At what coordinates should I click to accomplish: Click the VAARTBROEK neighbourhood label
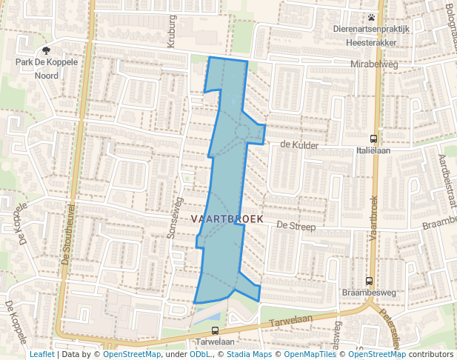click(x=222, y=219)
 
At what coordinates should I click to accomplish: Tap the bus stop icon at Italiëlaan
click(x=373, y=139)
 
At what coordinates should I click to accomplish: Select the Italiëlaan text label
click(x=373, y=150)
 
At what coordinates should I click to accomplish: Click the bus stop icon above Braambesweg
click(x=369, y=281)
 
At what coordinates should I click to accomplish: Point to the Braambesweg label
click(x=369, y=293)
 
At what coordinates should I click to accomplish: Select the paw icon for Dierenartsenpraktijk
click(x=371, y=17)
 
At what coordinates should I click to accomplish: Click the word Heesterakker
click(x=371, y=42)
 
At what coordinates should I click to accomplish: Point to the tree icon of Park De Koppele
click(x=47, y=51)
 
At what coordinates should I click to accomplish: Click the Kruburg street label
click(x=172, y=31)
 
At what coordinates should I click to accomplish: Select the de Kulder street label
click(x=299, y=145)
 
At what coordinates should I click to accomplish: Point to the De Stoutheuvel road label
click(x=69, y=236)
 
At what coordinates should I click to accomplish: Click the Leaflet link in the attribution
click(x=41, y=354)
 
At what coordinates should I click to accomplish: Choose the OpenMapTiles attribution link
click(x=306, y=354)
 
